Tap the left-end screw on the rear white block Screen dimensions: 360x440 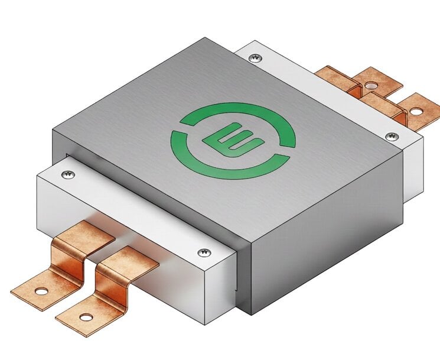(x=255, y=57)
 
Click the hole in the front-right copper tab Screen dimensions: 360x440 (x=87, y=317)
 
